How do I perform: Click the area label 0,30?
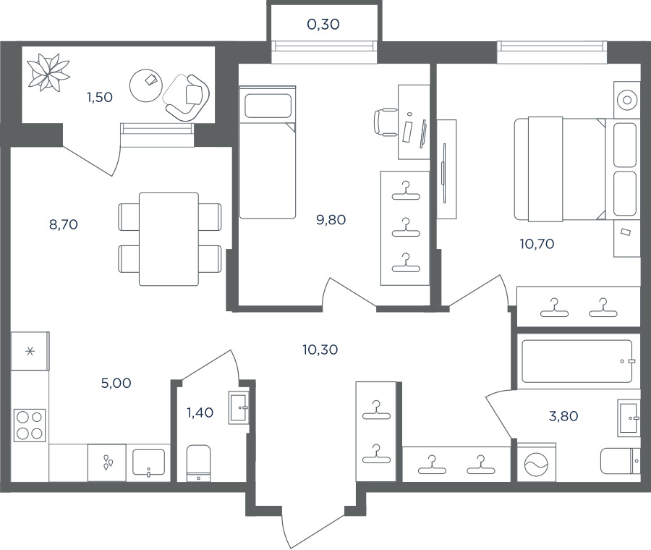323,25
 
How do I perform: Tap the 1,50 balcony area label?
100,97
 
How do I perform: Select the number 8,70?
64,225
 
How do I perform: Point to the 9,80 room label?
331,220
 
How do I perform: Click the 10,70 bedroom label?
537,244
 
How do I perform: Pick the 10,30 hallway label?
320,350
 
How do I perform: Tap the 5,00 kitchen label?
116,383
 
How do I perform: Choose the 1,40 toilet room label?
200,412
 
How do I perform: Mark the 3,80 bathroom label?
563,416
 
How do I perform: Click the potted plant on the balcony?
48,72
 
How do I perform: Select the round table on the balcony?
145,85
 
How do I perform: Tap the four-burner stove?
30,425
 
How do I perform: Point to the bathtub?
577,361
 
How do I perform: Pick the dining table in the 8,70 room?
169,240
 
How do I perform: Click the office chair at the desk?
386,122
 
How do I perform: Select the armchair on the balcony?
187,98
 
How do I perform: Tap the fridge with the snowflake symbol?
30,351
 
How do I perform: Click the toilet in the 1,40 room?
198,463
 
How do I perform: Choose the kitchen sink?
148,462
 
